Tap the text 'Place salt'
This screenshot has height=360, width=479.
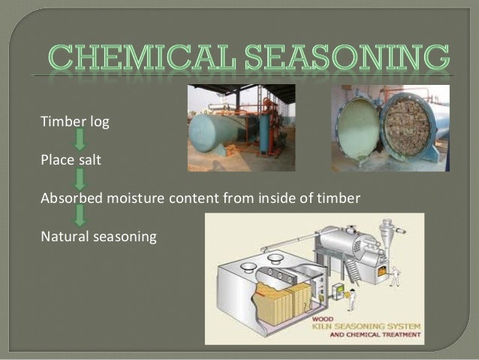[64, 159]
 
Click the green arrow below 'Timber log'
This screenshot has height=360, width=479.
[80, 139]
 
